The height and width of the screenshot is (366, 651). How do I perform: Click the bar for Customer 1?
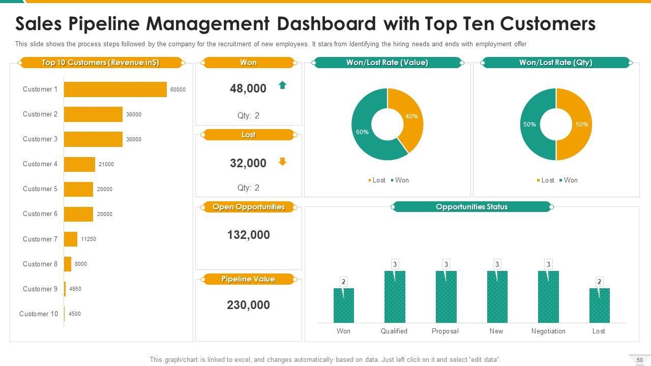tap(115, 89)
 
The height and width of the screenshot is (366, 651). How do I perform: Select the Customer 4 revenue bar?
tap(79, 164)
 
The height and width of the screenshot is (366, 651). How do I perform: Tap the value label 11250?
tap(88, 239)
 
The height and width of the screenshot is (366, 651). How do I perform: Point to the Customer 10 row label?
tap(39, 314)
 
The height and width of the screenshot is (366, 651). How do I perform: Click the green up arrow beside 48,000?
tap(282, 85)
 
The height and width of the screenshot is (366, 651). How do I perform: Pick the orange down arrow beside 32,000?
tap(282, 162)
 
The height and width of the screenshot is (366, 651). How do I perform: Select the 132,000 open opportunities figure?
tap(248, 235)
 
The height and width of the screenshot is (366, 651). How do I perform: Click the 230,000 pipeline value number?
tap(248, 305)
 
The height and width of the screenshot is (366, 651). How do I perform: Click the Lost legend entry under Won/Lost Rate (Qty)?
tap(545, 180)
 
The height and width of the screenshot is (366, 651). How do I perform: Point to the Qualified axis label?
tap(394, 331)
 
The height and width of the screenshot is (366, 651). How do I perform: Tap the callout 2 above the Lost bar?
tap(599, 282)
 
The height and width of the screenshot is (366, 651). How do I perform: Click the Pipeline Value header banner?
tap(248, 279)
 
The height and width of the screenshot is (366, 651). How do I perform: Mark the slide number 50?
tap(640, 360)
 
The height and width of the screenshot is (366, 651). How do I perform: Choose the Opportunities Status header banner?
tap(471, 207)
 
